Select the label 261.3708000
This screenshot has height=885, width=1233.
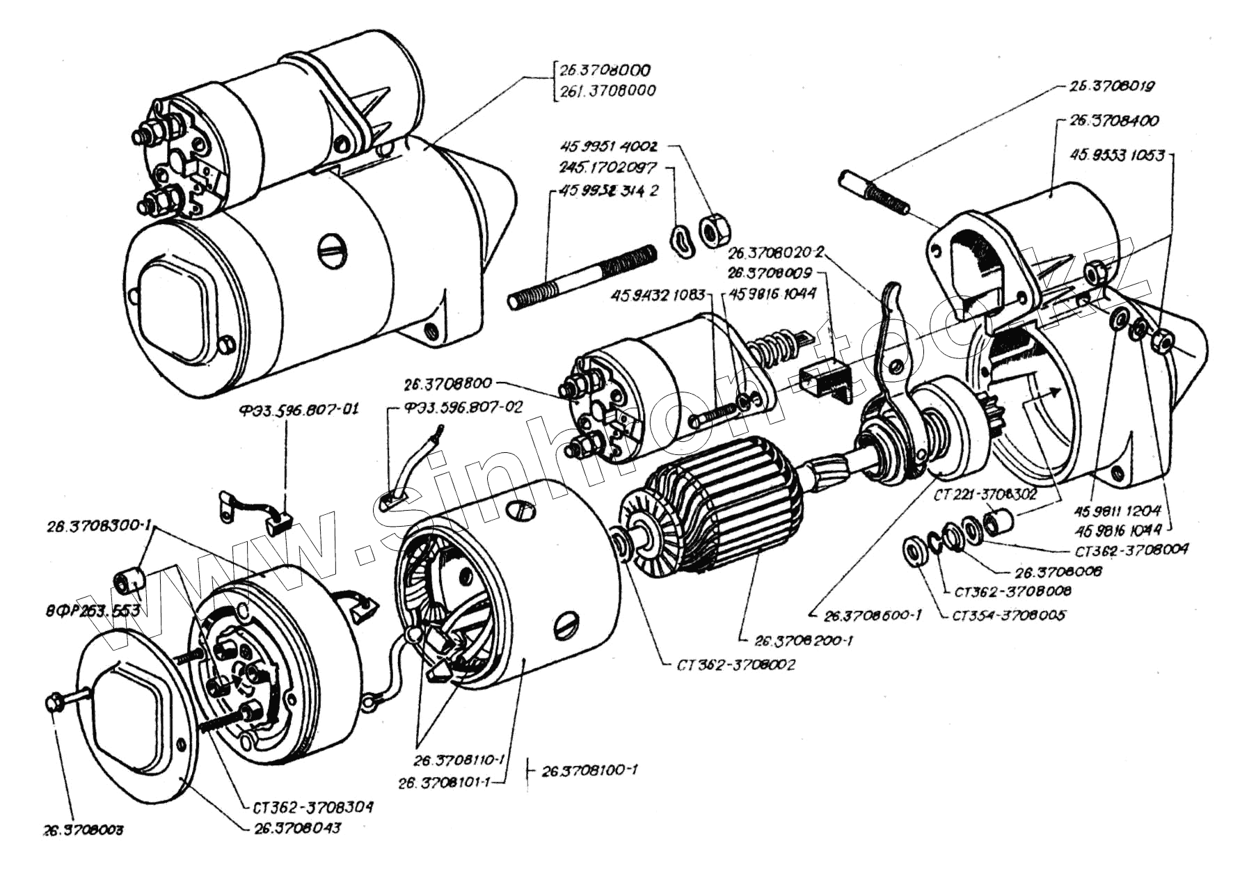[x=605, y=90]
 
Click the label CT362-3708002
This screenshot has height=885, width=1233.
[x=735, y=664]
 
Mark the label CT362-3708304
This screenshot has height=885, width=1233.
[x=310, y=807]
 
